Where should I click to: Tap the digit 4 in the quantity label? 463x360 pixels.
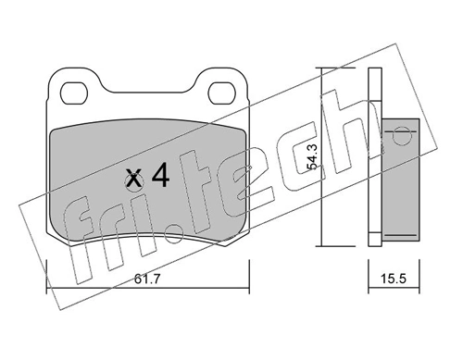159,177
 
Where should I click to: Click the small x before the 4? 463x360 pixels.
134,179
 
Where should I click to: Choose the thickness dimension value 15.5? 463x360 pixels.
389,277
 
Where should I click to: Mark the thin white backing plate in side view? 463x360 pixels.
374,157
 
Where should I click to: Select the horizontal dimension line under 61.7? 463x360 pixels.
147,265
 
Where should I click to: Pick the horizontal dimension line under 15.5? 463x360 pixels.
389,265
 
